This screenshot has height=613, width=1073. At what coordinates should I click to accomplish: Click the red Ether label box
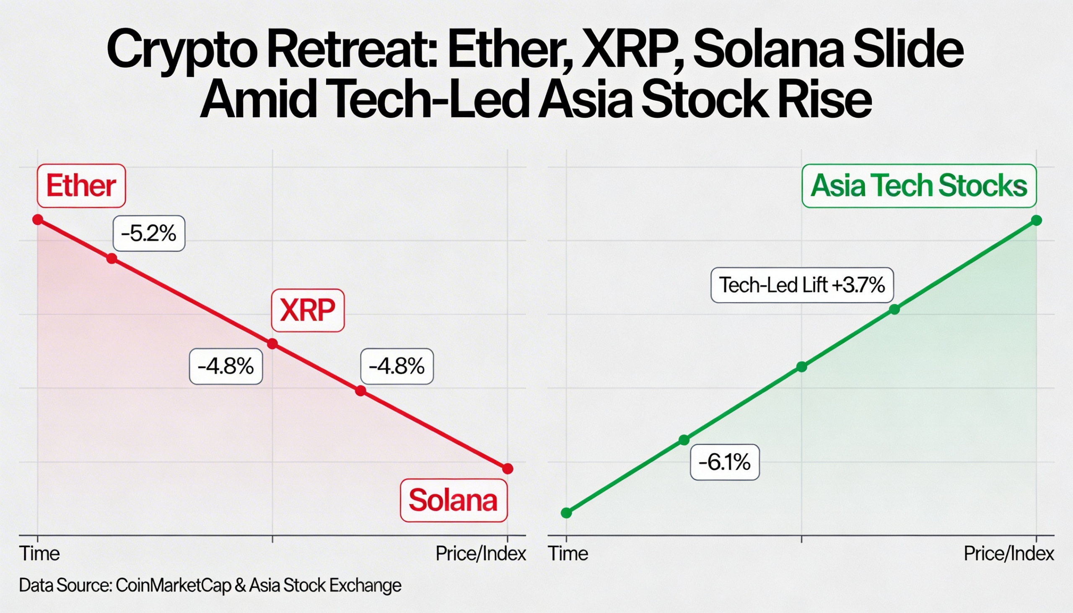coord(81,186)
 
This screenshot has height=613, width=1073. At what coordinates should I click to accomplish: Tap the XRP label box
coord(307,310)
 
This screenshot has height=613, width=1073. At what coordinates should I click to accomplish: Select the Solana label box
coord(454,500)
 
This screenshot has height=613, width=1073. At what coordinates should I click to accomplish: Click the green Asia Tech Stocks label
coord(919,186)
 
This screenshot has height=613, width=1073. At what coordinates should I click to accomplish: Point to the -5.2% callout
coord(149,234)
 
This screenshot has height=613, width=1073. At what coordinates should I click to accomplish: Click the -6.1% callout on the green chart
coord(724,462)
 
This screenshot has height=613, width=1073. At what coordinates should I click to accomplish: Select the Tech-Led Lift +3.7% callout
coord(802,285)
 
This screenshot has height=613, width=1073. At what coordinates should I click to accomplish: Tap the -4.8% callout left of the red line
coord(226,366)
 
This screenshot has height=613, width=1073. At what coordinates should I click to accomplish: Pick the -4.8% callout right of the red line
coord(397,366)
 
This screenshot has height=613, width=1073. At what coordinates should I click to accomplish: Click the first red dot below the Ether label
coord(38,220)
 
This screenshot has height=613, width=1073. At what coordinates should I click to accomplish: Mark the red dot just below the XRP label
coord(272,344)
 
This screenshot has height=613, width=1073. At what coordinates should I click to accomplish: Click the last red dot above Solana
coord(508,468)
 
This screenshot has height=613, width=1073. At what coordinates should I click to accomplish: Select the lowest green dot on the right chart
coord(566,513)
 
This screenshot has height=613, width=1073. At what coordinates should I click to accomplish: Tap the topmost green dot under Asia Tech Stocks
coord(1037,220)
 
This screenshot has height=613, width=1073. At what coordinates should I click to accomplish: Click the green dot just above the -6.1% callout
coord(684,440)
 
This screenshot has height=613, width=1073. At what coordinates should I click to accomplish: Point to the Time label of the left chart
coord(39,554)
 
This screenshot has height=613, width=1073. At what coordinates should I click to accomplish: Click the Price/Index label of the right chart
coord(1009,554)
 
